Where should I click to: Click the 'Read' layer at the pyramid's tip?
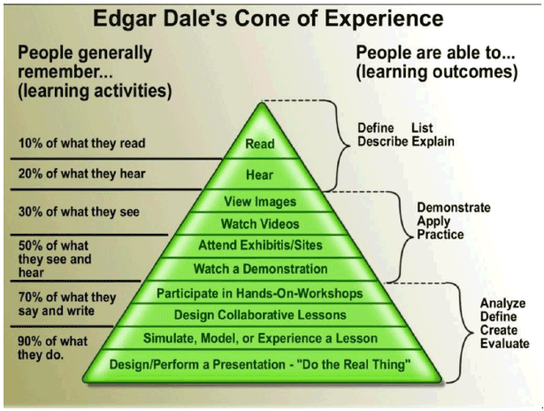(260, 143)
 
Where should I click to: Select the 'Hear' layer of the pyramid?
(260, 175)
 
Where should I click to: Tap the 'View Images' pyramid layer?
(260, 202)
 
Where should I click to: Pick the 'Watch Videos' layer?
(260, 224)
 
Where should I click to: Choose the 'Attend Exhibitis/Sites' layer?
(260, 246)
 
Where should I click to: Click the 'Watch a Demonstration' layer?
(260, 268)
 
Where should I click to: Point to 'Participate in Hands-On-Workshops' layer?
(260, 292)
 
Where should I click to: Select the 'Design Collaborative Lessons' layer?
(260, 314)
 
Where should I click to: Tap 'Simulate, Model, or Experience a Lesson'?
(260, 337)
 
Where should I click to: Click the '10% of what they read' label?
(80, 143)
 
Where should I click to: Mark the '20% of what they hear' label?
(80, 174)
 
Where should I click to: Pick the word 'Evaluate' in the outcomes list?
(503, 344)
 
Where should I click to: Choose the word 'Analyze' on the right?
(502, 304)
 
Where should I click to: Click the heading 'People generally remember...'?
(84, 62)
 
